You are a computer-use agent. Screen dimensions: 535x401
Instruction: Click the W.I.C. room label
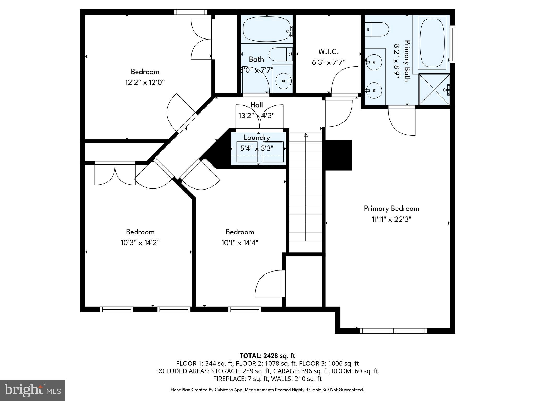click(x=328, y=51)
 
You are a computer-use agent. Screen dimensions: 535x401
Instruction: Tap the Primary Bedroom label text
click(x=391, y=208)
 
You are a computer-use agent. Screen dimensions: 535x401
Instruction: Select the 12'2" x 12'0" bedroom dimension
click(x=145, y=82)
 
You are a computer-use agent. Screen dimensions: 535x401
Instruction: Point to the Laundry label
click(x=257, y=138)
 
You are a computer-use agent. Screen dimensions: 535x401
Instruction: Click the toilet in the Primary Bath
click(x=377, y=29)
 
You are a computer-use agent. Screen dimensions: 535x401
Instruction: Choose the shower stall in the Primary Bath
click(x=434, y=90)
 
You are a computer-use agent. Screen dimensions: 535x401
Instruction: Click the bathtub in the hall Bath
click(x=267, y=29)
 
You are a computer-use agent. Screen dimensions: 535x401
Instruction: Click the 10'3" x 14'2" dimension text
click(x=140, y=243)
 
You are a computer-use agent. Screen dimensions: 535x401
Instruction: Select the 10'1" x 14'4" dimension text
click(x=240, y=243)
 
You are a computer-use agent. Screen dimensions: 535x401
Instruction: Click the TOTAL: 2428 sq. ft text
click(x=267, y=356)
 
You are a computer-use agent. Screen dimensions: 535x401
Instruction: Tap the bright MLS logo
click(x=33, y=390)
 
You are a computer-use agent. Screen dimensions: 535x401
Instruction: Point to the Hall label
click(x=257, y=105)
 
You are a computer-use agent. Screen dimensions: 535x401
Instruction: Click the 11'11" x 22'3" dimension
click(x=391, y=219)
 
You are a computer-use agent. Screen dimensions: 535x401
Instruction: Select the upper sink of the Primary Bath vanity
click(x=374, y=62)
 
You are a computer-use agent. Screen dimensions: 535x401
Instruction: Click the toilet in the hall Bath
click(x=280, y=54)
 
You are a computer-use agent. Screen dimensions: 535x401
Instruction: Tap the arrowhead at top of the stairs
click(x=306, y=135)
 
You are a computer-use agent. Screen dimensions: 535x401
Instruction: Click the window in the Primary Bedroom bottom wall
click(x=393, y=331)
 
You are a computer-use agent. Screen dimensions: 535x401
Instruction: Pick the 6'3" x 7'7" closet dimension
click(x=328, y=62)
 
